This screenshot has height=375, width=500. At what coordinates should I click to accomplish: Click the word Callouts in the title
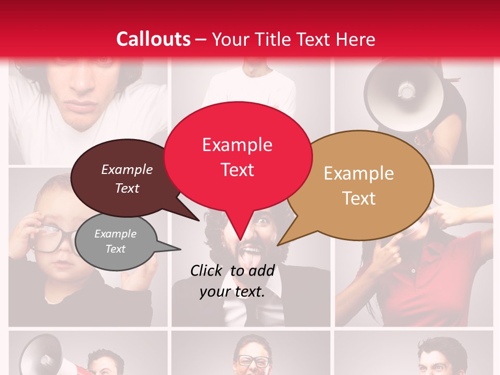click(x=153, y=40)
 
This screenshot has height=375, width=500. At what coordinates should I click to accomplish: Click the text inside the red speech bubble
click(x=237, y=157)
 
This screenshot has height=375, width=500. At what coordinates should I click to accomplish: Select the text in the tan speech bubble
click(x=359, y=186)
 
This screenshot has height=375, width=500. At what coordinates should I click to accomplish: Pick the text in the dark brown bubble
click(x=127, y=179)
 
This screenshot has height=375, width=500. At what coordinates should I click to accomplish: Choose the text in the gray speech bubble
click(x=115, y=241)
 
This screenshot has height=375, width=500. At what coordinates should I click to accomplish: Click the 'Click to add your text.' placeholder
click(x=232, y=281)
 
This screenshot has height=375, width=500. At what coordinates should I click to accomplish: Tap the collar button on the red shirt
click(x=413, y=271)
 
